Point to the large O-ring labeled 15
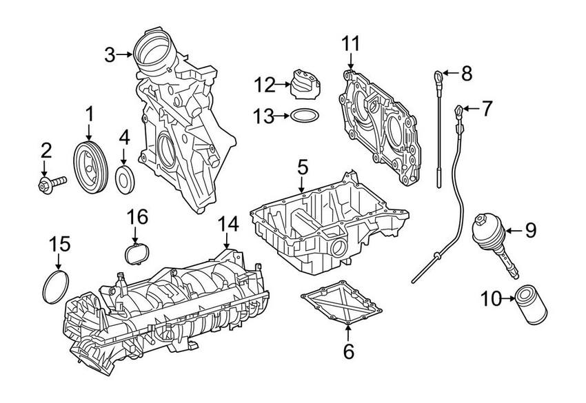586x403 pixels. [x=56, y=287]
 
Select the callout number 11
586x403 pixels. [x=350, y=45]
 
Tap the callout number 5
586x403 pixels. [x=302, y=167]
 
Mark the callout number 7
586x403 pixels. [x=487, y=108]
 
